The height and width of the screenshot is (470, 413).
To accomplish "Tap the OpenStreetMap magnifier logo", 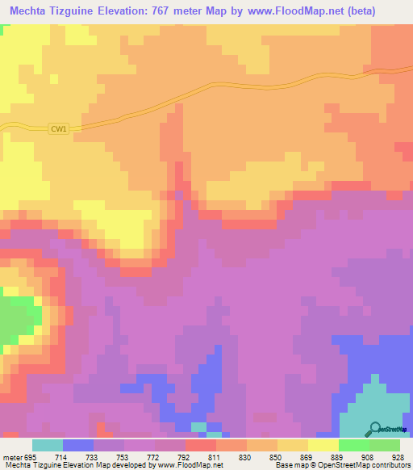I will [377, 428].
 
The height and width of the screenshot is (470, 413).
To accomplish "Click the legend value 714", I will [62, 457].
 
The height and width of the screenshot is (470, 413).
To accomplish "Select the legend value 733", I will [93, 457].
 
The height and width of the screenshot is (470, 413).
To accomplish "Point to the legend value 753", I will [123, 457].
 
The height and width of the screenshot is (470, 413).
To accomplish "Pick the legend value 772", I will [154, 457].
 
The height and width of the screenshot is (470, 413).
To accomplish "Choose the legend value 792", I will [185, 457].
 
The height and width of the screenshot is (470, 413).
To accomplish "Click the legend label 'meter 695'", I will [20, 457].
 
